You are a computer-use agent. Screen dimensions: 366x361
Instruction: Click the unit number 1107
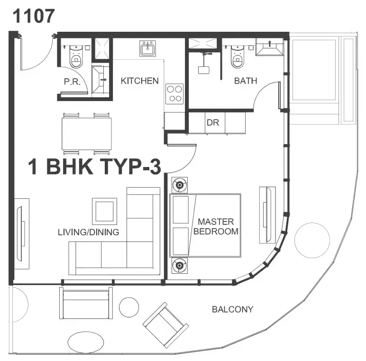34,16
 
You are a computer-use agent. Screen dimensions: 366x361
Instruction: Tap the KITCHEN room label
139,81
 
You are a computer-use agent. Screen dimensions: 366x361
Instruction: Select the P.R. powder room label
72,82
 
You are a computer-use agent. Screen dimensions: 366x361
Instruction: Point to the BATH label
246,81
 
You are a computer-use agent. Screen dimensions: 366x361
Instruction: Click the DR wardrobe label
213,122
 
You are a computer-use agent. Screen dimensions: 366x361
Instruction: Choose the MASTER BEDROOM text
216,226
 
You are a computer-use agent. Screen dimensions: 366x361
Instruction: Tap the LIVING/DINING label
89,232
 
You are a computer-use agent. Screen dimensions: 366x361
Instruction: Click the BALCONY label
232,309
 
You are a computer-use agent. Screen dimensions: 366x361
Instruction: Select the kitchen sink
147,48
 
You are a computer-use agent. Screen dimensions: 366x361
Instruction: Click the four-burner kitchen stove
174,94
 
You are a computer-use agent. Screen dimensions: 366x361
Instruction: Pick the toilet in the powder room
76,56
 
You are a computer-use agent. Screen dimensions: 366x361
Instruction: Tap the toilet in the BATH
238,56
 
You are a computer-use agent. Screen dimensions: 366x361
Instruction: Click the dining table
87,134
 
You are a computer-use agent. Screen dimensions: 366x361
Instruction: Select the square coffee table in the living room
104,211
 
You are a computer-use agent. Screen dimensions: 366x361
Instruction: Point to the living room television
21,233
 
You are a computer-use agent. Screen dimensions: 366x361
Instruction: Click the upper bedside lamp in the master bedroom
180,185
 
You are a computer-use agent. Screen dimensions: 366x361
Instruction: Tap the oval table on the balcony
86,342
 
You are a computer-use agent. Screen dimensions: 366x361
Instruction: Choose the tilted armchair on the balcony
165,325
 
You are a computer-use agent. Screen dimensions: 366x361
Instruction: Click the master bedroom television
267,215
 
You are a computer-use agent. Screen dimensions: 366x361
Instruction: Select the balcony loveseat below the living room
86,303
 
